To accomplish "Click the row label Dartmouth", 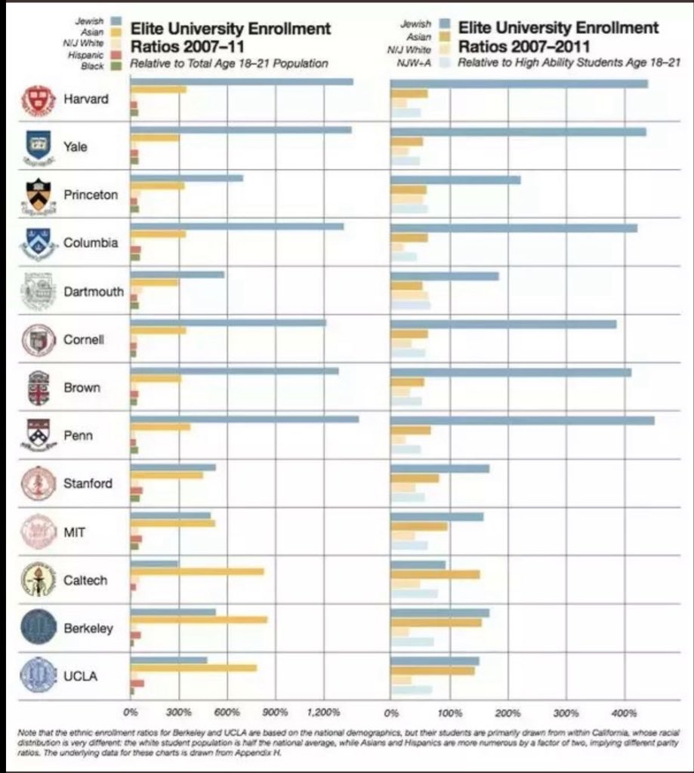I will [93, 291].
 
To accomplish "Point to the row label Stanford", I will [88, 484].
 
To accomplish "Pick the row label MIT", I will [75, 532].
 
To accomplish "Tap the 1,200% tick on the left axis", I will [324, 712].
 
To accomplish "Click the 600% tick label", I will [227, 712].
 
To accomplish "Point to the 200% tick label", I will [508, 712].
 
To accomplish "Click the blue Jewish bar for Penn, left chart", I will [245, 419].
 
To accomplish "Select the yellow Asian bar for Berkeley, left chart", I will [199, 620].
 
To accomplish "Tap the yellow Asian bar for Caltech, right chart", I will [435, 574].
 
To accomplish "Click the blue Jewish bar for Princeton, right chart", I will [455, 180].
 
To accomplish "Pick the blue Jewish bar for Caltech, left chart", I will [155, 563].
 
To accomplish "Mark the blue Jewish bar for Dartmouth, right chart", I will [445, 276].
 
